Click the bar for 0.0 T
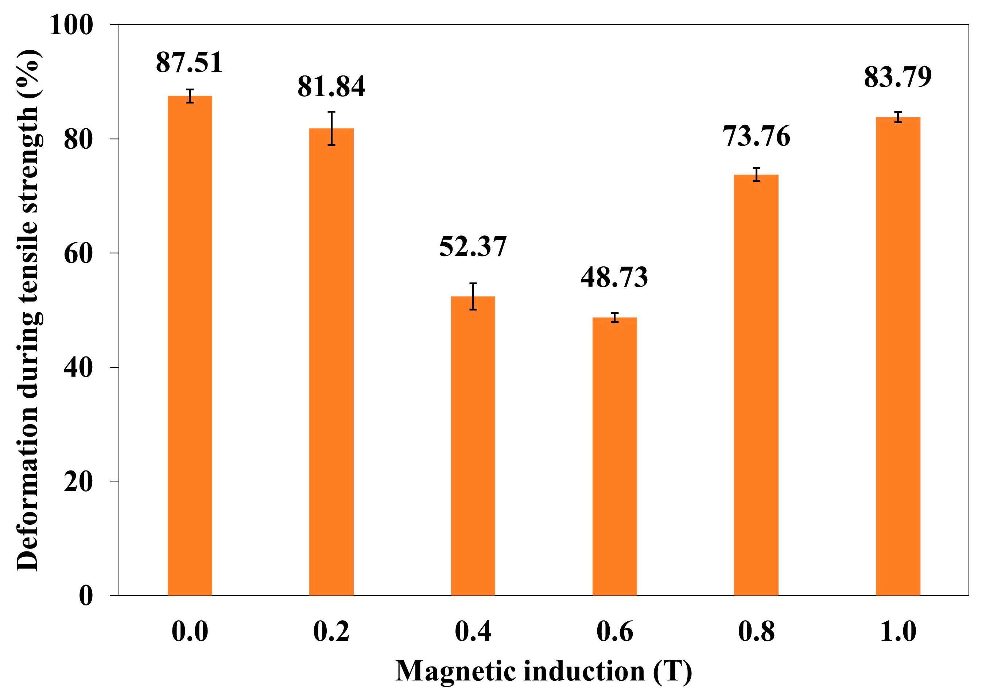(190, 344)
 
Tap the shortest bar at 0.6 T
(614, 456)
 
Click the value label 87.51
(189, 62)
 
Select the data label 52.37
(473, 247)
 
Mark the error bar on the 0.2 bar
(331, 128)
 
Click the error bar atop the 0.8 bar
(756, 174)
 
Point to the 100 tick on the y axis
(71, 25)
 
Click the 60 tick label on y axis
(78, 254)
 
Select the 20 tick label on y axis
(78, 482)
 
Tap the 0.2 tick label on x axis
(331, 632)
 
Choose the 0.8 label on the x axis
(756, 632)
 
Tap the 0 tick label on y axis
(86, 596)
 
